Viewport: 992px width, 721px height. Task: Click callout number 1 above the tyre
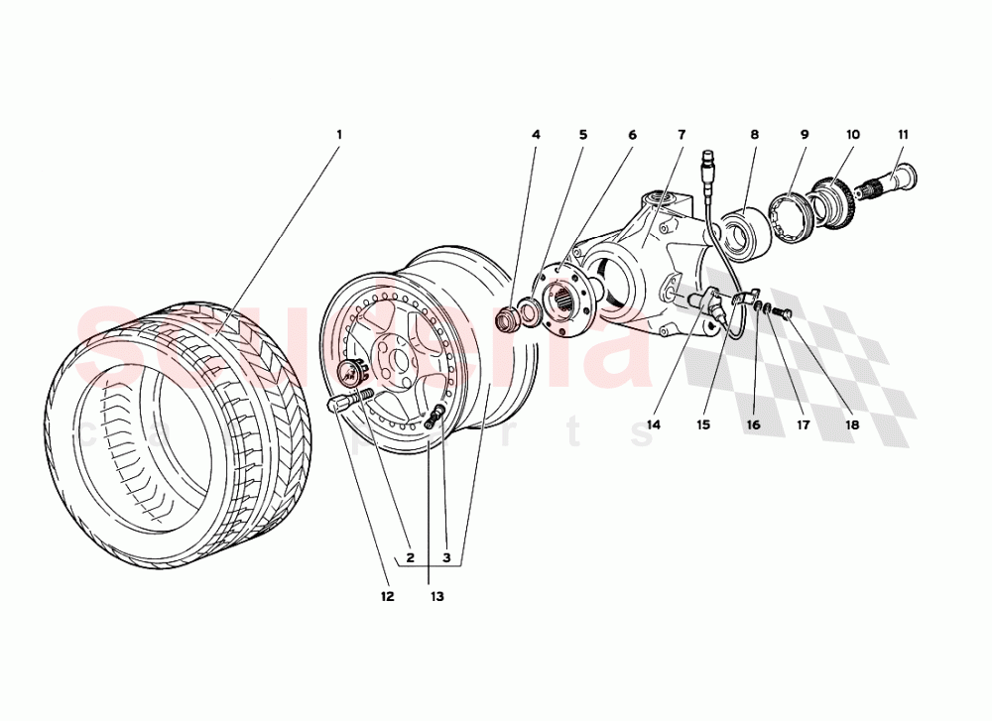point(338,134)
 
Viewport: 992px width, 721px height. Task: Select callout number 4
point(536,134)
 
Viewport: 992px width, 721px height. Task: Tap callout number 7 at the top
point(682,134)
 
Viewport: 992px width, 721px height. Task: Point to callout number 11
point(903,134)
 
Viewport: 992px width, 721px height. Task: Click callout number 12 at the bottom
point(386,596)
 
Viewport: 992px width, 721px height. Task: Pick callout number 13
point(436,596)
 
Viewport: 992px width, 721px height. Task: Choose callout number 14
point(652,424)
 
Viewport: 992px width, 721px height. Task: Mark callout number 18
point(851,424)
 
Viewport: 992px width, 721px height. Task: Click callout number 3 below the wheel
point(446,558)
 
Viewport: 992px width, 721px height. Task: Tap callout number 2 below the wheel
point(409,558)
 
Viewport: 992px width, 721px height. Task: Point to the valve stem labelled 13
point(434,420)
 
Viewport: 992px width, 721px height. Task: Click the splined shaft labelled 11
point(896,180)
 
